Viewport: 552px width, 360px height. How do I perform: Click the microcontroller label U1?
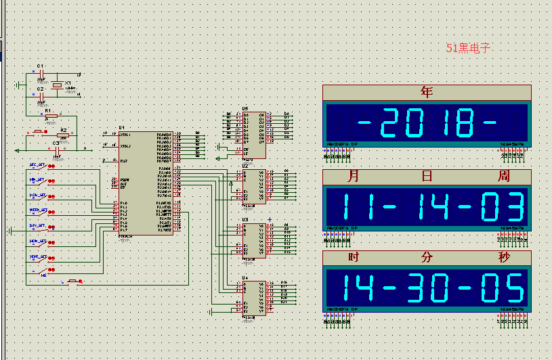click(122, 127)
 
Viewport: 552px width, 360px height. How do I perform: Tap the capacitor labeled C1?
click(40, 66)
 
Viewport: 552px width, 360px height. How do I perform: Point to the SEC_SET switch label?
click(37, 165)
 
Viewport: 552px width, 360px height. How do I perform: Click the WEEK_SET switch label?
click(38, 210)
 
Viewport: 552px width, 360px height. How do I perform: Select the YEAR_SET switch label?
click(38, 257)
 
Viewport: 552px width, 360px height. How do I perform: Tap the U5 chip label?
click(245, 108)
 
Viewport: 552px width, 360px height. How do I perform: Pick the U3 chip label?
click(245, 220)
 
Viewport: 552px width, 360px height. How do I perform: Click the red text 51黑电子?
click(467, 48)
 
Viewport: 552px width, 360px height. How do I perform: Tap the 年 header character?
click(426, 92)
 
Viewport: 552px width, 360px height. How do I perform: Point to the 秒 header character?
click(504, 258)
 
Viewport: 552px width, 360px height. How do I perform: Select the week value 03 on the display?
click(503, 206)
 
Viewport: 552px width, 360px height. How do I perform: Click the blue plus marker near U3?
click(270, 219)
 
